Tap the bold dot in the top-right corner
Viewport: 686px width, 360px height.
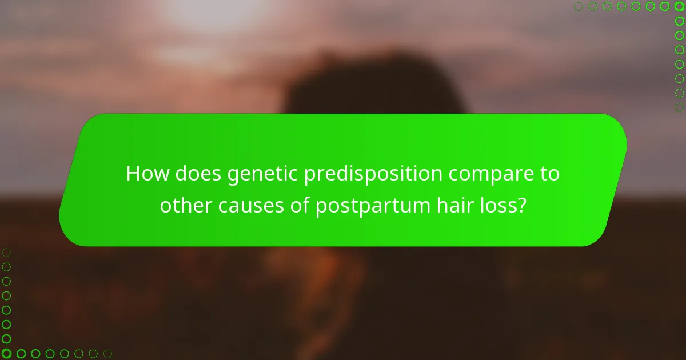pyautogui.click(x=679, y=6)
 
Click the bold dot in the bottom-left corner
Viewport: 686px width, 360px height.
pyautogui.click(x=6, y=354)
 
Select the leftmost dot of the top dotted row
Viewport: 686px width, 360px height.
pyautogui.click(x=578, y=6)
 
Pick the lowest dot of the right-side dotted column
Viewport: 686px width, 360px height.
pyautogui.click(x=679, y=107)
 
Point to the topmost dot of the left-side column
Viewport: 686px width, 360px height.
pyautogui.click(x=6, y=252)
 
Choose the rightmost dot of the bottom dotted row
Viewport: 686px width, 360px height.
pyautogui.click(x=107, y=354)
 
